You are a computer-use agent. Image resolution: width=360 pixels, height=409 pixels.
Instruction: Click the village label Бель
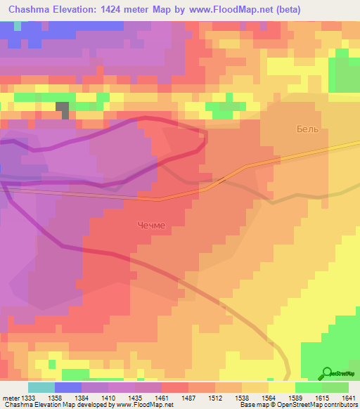[x=307, y=130]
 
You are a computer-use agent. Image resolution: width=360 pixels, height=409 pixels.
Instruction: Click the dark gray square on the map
[x=63, y=110]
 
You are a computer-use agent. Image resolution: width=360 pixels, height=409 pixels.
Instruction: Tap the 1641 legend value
[x=349, y=397]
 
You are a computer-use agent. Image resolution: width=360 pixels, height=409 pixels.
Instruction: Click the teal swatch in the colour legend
[x=41, y=387]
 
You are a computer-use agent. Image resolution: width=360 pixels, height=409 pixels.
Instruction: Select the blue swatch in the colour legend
[x=68, y=387]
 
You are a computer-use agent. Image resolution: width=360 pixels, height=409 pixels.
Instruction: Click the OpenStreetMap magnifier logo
[x=326, y=373]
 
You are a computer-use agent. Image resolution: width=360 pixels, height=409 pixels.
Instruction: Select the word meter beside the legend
[x=9, y=397]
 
